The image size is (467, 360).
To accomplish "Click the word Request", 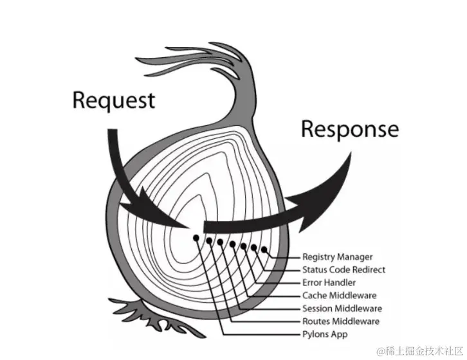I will [x=113, y=101].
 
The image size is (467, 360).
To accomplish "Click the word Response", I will [x=349, y=130].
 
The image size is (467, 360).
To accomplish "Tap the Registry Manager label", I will [x=337, y=257].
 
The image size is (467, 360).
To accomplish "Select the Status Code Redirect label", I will [x=343, y=270].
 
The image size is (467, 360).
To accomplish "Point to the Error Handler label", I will [x=329, y=283].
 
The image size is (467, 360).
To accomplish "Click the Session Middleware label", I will [x=342, y=309].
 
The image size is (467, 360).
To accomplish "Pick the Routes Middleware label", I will [x=340, y=321].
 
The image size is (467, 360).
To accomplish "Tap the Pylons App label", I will [x=325, y=334].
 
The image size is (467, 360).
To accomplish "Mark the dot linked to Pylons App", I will [x=196, y=237].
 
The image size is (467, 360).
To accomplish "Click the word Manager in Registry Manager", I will [x=354, y=257].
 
